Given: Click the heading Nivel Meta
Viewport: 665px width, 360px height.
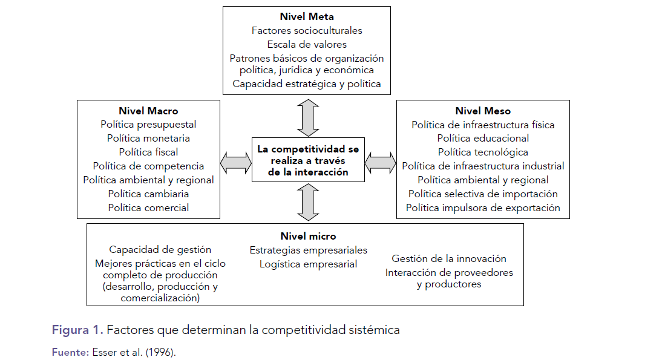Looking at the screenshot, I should (x=307, y=16).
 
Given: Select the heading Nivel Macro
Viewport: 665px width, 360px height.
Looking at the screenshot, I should (x=148, y=111).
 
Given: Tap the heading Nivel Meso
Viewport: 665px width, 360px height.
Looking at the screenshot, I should (x=483, y=111).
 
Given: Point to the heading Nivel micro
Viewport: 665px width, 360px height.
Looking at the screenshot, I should (x=308, y=236).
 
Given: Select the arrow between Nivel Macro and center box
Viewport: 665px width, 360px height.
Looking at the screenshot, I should (x=236, y=161).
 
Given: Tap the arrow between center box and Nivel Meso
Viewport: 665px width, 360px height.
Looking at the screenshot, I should (x=381, y=161).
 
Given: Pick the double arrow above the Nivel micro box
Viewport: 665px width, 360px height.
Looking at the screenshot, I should (x=308, y=203).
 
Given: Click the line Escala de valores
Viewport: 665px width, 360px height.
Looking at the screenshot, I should (x=307, y=44).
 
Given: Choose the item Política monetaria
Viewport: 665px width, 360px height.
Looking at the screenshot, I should (x=148, y=139).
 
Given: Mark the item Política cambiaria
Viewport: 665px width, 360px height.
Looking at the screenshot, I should (x=148, y=194).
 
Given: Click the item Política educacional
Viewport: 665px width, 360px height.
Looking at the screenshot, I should (x=483, y=139).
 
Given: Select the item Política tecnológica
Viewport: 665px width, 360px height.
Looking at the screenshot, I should (x=483, y=152).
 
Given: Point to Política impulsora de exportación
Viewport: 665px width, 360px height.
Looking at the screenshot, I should (x=483, y=208).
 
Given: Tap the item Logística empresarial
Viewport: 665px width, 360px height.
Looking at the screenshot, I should (x=308, y=264).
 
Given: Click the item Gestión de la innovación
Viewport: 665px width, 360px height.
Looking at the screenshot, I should (x=448, y=258).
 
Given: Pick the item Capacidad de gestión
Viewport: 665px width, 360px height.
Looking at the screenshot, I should (x=160, y=249).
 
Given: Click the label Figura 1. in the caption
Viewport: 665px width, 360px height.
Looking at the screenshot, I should (x=77, y=330).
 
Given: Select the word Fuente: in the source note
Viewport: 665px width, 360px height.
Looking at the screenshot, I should (x=70, y=352).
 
